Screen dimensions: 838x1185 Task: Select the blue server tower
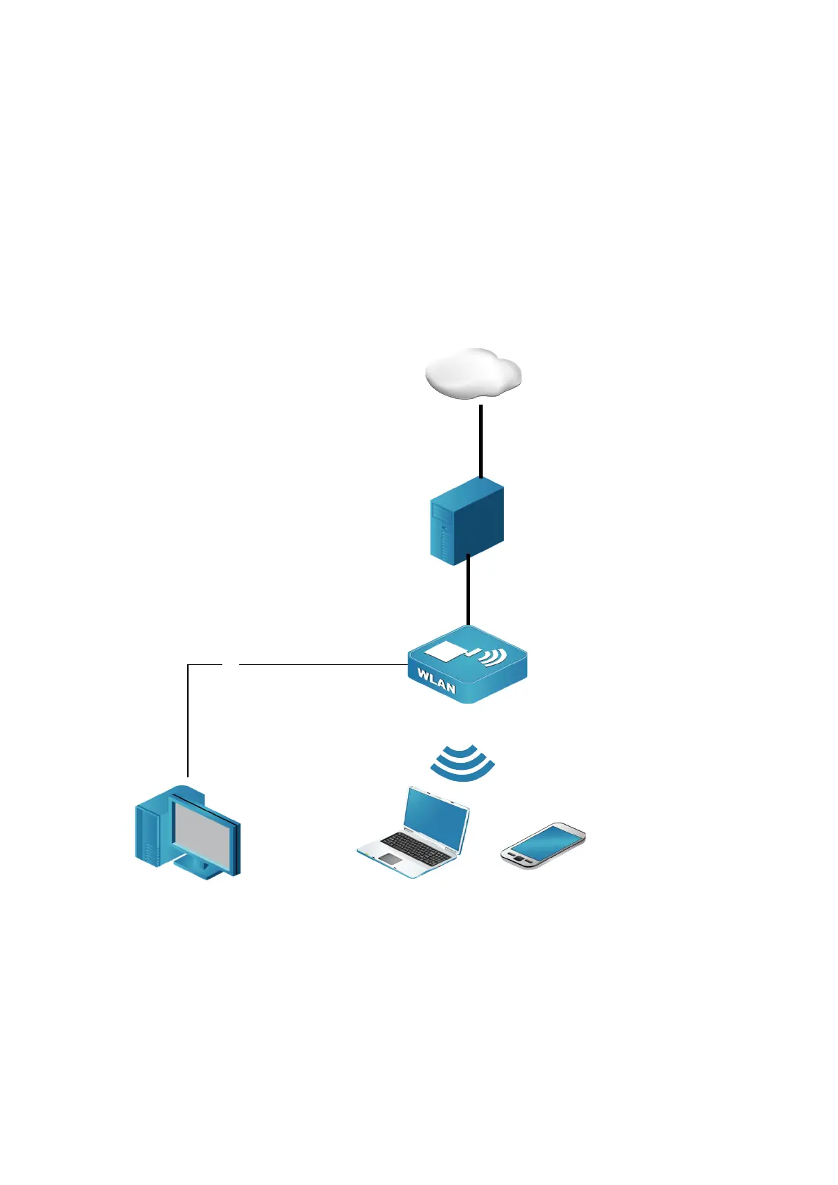[466, 521]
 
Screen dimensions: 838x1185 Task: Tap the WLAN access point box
[467, 665]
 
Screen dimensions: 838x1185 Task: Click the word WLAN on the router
[436, 681]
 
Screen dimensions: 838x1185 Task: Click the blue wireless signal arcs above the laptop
[462, 763]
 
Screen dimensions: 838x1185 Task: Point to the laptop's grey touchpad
[390, 859]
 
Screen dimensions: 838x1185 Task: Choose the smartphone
[542, 845]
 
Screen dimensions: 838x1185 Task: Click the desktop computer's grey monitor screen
[204, 830]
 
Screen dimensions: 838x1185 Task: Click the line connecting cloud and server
[481, 441]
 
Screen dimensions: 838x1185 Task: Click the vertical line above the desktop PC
[188, 718]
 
